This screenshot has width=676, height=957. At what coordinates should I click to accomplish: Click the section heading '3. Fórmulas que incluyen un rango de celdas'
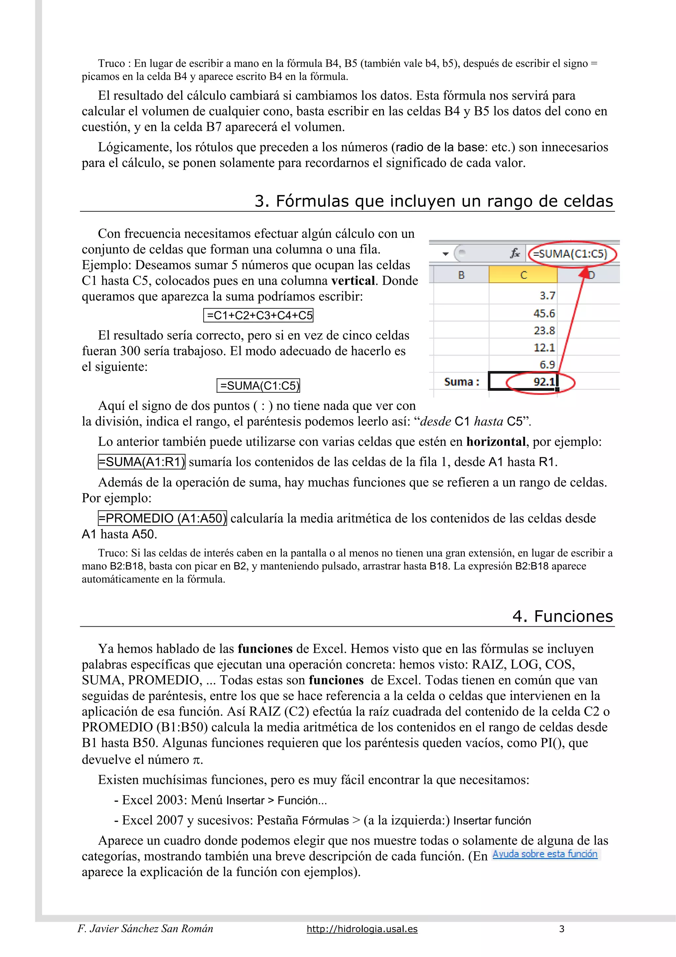[434, 201]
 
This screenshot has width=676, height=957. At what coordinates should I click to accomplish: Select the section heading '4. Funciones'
[562, 616]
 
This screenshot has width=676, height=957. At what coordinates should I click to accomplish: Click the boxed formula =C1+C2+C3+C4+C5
[258, 315]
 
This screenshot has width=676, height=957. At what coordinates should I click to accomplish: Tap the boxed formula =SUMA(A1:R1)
[142, 462]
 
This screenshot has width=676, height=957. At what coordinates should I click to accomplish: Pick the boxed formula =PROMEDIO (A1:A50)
[162, 518]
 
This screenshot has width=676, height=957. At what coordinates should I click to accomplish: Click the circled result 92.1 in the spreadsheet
[544, 382]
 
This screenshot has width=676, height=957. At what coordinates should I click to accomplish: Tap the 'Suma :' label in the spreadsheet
[461, 382]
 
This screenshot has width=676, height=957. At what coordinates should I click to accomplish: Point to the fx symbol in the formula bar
[515, 253]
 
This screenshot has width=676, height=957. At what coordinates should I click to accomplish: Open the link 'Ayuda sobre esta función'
[545, 854]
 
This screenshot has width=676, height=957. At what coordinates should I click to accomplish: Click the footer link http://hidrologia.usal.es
[362, 929]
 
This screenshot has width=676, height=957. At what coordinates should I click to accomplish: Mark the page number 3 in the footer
[561, 929]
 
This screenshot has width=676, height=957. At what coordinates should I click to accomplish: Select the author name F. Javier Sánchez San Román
[145, 929]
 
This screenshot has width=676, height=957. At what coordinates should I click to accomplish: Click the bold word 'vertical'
[353, 280]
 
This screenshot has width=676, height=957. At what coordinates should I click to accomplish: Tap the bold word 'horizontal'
[496, 441]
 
